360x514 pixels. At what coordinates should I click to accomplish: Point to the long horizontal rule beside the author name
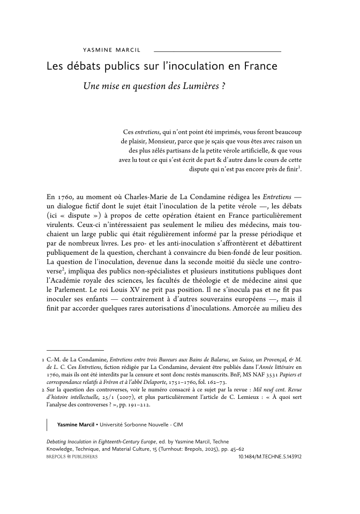(217, 51)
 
